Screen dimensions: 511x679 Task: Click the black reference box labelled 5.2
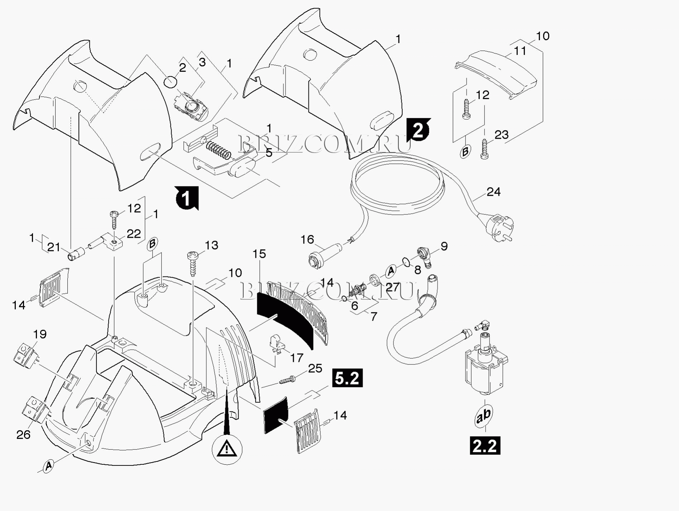(x=347, y=378)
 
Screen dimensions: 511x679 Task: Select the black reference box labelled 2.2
(x=484, y=446)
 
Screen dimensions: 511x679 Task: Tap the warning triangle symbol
(x=226, y=449)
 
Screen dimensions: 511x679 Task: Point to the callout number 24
(x=493, y=192)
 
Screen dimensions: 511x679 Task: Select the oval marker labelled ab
(x=484, y=416)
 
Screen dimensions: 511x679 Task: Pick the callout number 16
(x=307, y=239)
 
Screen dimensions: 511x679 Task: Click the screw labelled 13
(x=192, y=264)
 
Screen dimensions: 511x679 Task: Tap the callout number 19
(x=40, y=334)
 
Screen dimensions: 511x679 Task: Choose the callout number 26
(x=24, y=435)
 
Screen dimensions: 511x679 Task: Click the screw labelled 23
(x=484, y=149)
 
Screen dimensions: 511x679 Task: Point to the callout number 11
(x=520, y=51)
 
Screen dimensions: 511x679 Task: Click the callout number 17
(x=297, y=358)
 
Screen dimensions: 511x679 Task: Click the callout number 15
(x=259, y=254)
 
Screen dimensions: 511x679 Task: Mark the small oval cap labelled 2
(x=170, y=81)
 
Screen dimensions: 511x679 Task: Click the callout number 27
(x=392, y=287)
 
